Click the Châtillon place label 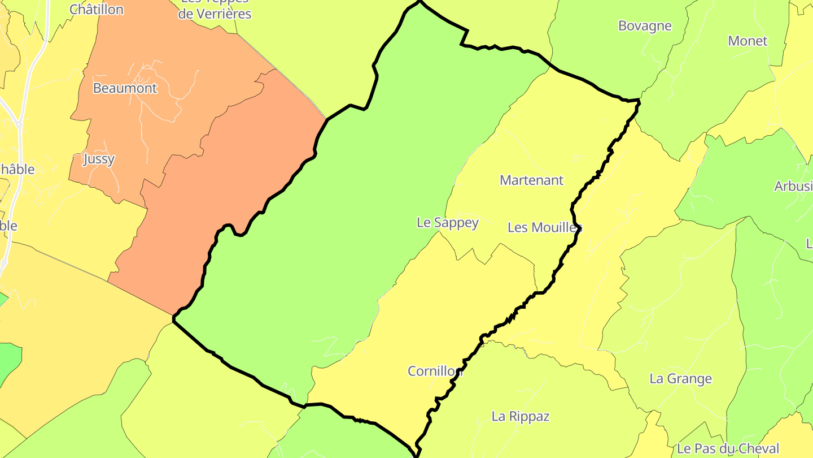[97, 10]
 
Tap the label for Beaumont [125, 88]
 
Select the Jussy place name [99, 159]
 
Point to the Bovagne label [645, 26]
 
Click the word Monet [748, 41]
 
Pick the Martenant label [531, 180]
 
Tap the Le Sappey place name [447, 223]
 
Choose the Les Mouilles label [544, 227]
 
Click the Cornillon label [435, 371]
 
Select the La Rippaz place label [520, 417]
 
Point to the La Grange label [680, 379]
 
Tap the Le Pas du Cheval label [728, 449]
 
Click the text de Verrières [215, 14]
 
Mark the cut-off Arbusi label [793, 187]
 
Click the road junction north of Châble [19, 124]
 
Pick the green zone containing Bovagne [604, 51]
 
